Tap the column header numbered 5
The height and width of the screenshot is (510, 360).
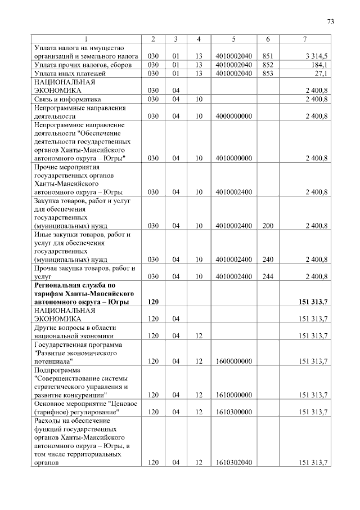pyautogui.click(x=233, y=39)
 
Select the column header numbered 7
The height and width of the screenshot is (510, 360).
pyautogui.click(x=304, y=39)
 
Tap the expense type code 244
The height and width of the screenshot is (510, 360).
pyautogui.click(x=267, y=276)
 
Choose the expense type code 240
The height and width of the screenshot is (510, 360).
pyautogui.click(x=267, y=260)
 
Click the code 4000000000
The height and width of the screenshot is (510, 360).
pyautogui.click(x=233, y=116)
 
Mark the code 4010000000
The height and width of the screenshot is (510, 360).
pyautogui.click(x=233, y=158)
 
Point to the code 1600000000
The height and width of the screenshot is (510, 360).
pyautogui.click(x=233, y=361)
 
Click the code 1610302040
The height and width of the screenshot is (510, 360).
pyautogui.click(x=233, y=462)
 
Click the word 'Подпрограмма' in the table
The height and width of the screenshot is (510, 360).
pyautogui.click(x=57, y=370)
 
